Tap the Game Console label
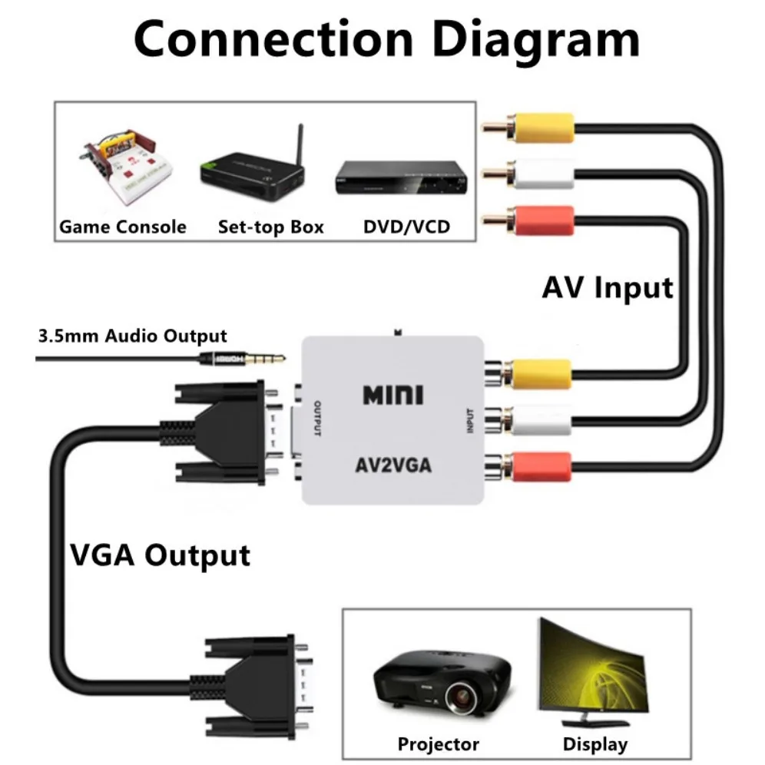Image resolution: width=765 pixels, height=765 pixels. point(123,227)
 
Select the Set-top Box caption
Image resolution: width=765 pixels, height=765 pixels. point(271,227)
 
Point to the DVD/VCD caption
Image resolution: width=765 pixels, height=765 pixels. point(406,227)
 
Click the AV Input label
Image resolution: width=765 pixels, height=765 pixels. point(607,288)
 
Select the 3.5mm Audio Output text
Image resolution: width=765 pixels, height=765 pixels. point(132,336)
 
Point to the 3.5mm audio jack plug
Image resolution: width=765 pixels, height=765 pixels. point(238,358)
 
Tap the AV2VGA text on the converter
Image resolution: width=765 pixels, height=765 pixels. point(392,465)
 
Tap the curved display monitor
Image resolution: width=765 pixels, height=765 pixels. point(591,676)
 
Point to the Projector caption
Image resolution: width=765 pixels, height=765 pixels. point(438,743)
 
